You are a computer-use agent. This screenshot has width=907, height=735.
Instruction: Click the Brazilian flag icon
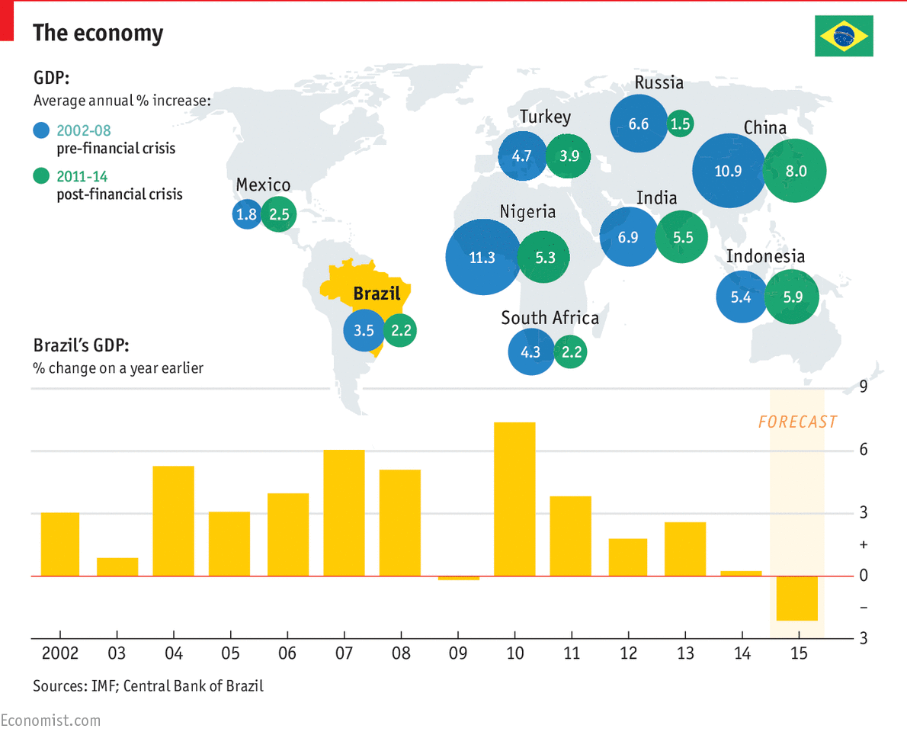[844, 35]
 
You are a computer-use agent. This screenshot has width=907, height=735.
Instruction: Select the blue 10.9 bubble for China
[728, 171]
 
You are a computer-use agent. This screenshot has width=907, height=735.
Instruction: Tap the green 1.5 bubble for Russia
[681, 124]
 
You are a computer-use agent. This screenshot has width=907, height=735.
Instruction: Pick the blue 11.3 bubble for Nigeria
[482, 258]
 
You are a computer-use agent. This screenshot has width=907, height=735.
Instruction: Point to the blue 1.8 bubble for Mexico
[246, 215]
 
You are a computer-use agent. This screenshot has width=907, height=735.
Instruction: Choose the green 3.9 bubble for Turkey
[569, 156]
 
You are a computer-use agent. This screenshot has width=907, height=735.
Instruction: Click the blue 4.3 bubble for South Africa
[530, 351]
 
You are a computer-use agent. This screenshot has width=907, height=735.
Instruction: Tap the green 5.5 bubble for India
[683, 237]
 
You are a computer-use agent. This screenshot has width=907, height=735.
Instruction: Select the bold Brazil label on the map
[377, 294]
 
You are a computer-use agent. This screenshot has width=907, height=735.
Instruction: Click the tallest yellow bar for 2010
[514, 499]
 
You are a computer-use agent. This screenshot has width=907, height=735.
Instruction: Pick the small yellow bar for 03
[117, 566]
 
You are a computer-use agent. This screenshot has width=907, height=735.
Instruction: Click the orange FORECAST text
[797, 422]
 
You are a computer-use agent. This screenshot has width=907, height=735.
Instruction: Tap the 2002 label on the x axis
[59, 653]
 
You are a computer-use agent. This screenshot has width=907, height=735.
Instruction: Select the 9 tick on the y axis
[864, 387]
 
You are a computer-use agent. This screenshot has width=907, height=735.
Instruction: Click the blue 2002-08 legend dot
[42, 130]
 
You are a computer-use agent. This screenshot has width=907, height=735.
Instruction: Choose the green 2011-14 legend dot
[42, 177]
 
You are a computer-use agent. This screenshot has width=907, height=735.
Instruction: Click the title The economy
[98, 34]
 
